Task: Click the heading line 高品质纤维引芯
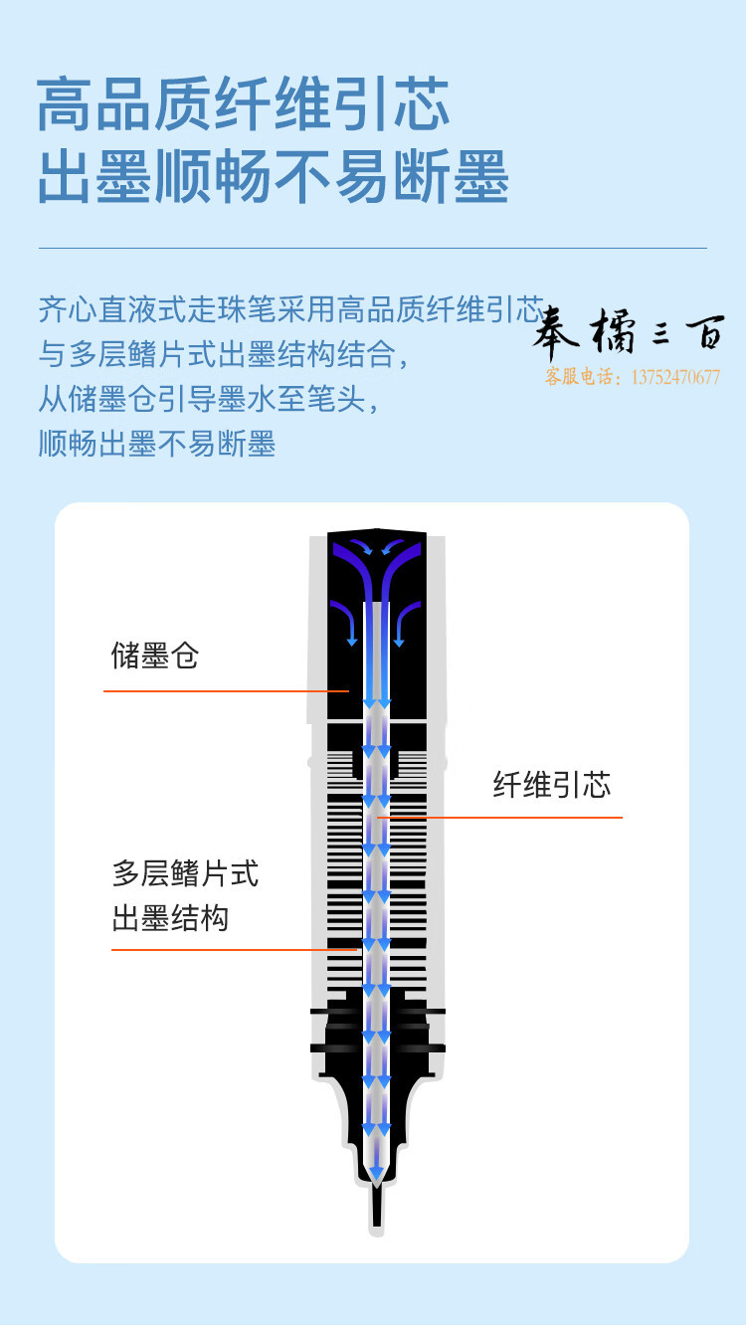click(x=243, y=104)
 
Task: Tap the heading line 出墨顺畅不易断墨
click(x=274, y=176)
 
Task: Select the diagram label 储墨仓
click(x=155, y=656)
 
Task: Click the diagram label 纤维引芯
click(x=552, y=785)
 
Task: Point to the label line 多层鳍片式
click(x=185, y=873)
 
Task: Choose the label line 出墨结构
click(x=170, y=918)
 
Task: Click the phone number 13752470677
click(x=675, y=377)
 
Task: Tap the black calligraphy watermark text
click(x=629, y=331)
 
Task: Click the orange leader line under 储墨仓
click(x=226, y=690)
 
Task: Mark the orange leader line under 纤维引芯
click(x=500, y=817)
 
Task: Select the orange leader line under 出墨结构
click(x=235, y=949)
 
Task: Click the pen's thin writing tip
click(x=377, y=1206)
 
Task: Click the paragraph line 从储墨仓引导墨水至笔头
click(x=208, y=399)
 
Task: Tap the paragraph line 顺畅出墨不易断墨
click(x=157, y=443)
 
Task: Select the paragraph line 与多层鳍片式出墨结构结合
click(x=223, y=354)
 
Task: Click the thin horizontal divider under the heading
click(x=373, y=248)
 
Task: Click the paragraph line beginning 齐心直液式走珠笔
click(x=291, y=309)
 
